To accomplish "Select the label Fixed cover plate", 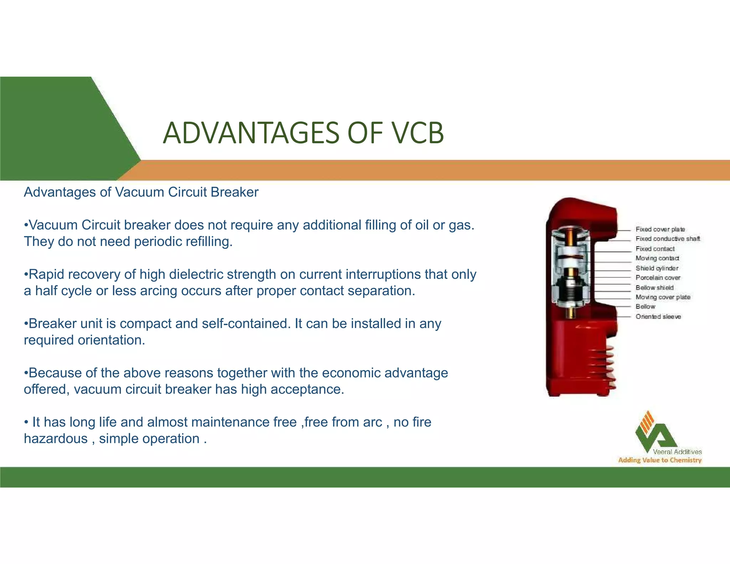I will (x=660, y=229).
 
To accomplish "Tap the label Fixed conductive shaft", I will (x=668, y=239).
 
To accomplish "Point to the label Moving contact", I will (x=657, y=258).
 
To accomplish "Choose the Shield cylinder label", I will (x=657, y=268).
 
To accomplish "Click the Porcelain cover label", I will (x=658, y=277).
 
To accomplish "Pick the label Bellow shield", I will (x=654, y=287).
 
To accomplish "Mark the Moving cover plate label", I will (x=663, y=297).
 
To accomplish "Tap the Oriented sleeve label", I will (x=658, y=317).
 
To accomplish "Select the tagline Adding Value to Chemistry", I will (x=660, y=460).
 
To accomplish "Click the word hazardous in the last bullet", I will (x=56, y=439).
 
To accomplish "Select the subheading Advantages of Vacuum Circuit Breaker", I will (x=141, y=193).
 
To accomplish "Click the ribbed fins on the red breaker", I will (x=602, y=367).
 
